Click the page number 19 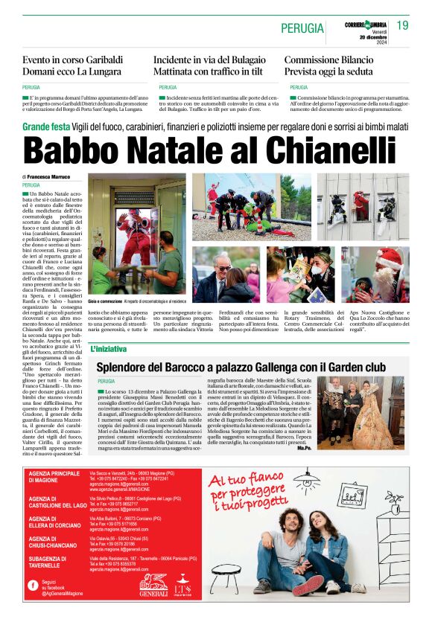[x=402, y=25]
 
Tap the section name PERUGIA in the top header [x=302, y=29]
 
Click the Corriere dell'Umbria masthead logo [x=366, y=25]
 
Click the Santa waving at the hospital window [x=138, y=237]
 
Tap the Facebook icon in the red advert [x=33, y=585]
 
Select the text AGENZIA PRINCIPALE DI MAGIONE [x=53, y=478]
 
